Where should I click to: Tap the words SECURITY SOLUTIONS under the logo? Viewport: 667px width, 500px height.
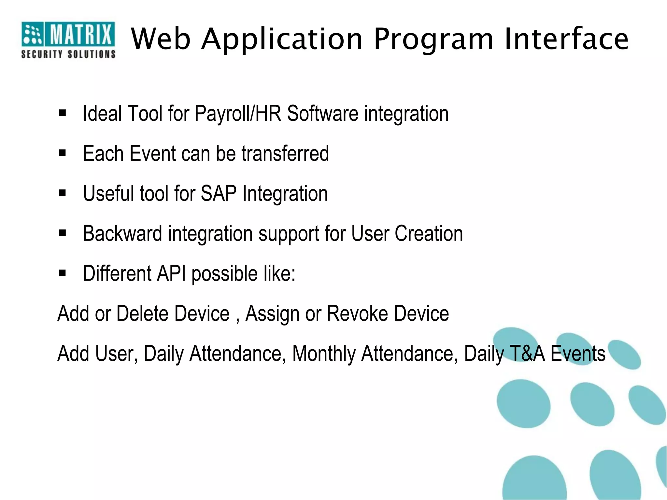[68, 54]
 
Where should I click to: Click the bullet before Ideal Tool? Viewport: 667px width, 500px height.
[63, 113]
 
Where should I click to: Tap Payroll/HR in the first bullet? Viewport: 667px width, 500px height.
[238, 114]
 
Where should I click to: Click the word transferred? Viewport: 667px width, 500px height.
[285, 154]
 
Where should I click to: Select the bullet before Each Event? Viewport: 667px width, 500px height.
[63, 153]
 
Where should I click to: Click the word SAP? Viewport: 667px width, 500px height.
[218, 194]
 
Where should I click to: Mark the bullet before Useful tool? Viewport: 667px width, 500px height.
[63, 193]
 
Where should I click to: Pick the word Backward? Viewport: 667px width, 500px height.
[122, 233]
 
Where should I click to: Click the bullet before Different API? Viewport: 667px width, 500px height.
[63, 273]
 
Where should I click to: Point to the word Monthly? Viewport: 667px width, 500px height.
[324, 354]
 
